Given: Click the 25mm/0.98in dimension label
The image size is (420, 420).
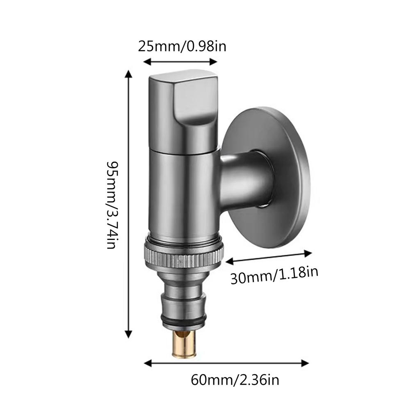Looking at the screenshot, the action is [x=182, y=46].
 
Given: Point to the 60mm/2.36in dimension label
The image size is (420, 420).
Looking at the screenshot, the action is [x=235, y=380].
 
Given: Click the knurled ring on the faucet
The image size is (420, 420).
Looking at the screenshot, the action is [x=183, y=258].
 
